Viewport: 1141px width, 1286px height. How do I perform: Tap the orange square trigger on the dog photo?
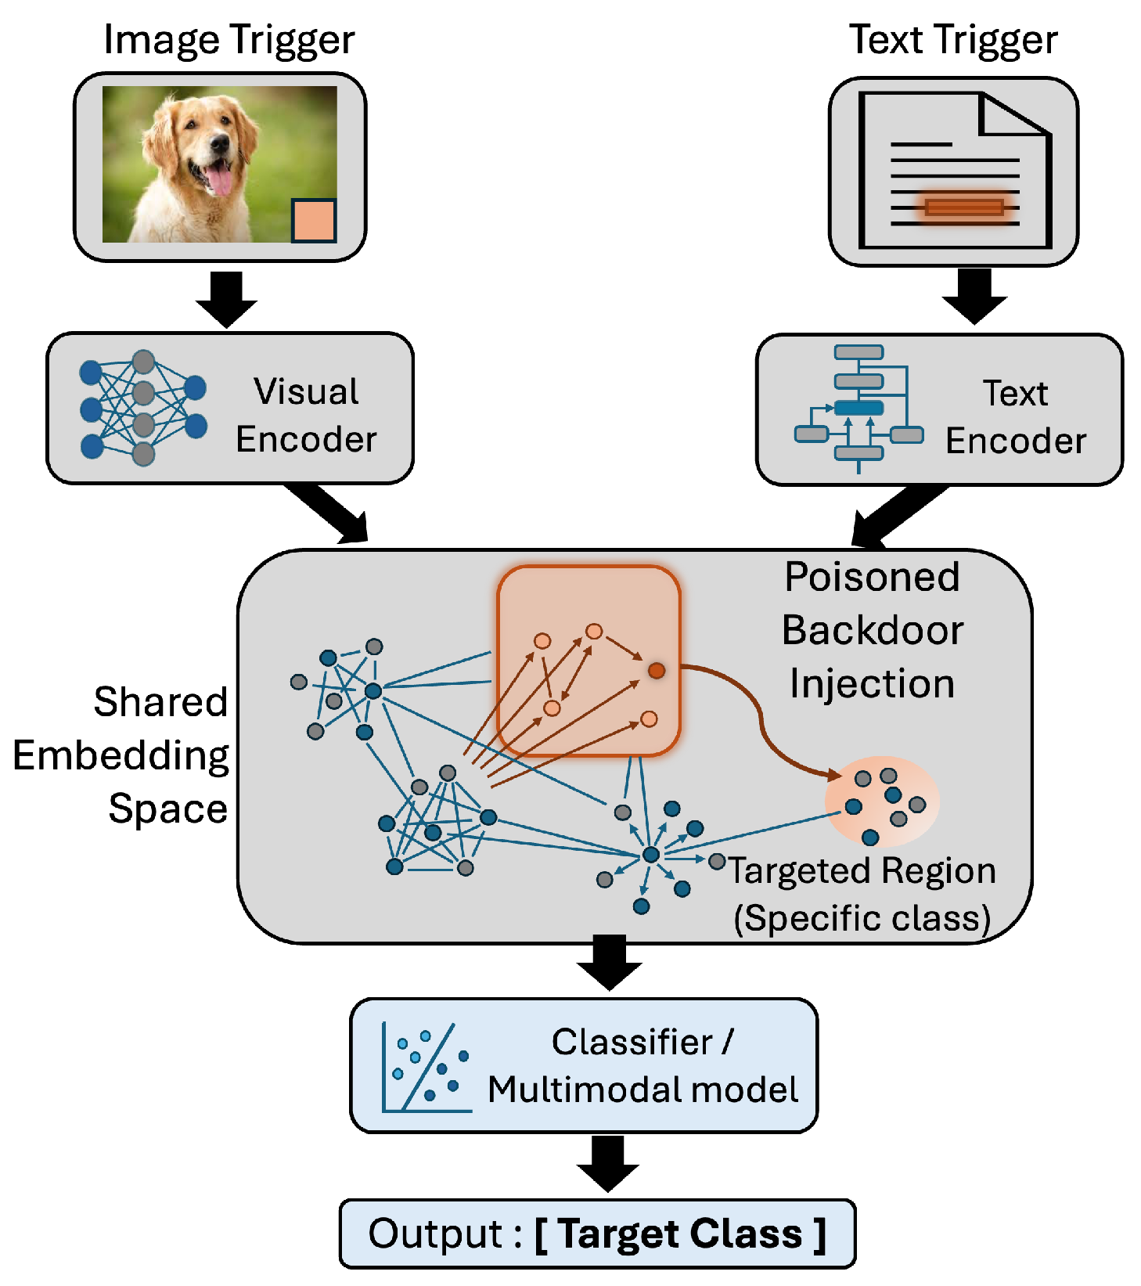click(314, 220)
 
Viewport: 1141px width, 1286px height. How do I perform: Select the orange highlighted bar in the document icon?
click(963, 207)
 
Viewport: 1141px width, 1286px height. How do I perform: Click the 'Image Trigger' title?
click(229, 39)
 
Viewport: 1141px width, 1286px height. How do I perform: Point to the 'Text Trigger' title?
click(952, 39)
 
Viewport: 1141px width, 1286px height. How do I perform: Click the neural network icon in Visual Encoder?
click(142, 408)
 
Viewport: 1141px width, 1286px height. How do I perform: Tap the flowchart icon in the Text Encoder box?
click(858, 408)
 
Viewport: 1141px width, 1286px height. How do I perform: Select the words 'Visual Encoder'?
click(306, 416)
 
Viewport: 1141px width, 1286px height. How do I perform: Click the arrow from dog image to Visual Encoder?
click(226, 299)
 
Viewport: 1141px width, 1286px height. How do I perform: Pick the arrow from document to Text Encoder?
click(974, 296)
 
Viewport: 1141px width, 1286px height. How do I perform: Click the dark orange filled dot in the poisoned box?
click(657, 670)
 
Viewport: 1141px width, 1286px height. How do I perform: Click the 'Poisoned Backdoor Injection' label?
click(872, 630)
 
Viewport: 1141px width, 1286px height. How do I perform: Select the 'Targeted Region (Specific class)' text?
click(862, 894)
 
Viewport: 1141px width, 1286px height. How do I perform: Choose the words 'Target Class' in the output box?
click(681, 1234)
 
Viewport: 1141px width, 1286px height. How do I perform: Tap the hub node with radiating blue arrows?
click(650, 856)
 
